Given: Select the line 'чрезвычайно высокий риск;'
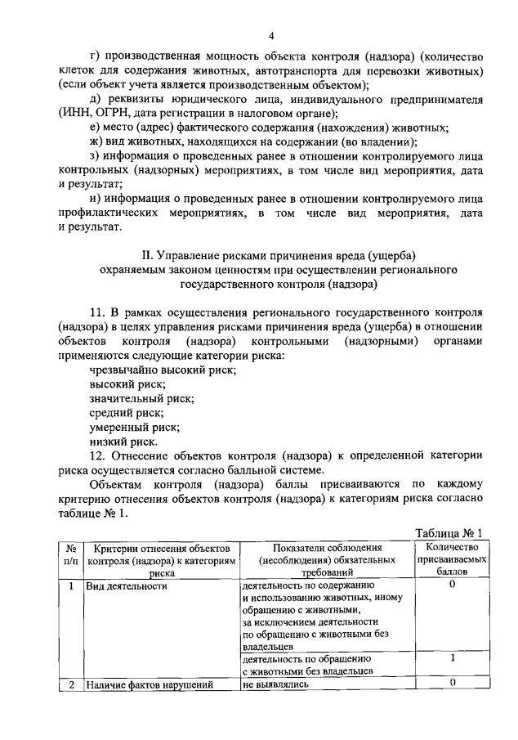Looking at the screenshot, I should pos(163,370).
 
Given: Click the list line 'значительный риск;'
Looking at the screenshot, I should pos(141,399).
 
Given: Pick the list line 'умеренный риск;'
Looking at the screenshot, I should pos(135,427).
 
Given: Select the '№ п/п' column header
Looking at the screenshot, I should pos(72,560).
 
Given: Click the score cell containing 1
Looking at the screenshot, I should pos(452,657).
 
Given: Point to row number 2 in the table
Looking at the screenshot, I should pos(72,685).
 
